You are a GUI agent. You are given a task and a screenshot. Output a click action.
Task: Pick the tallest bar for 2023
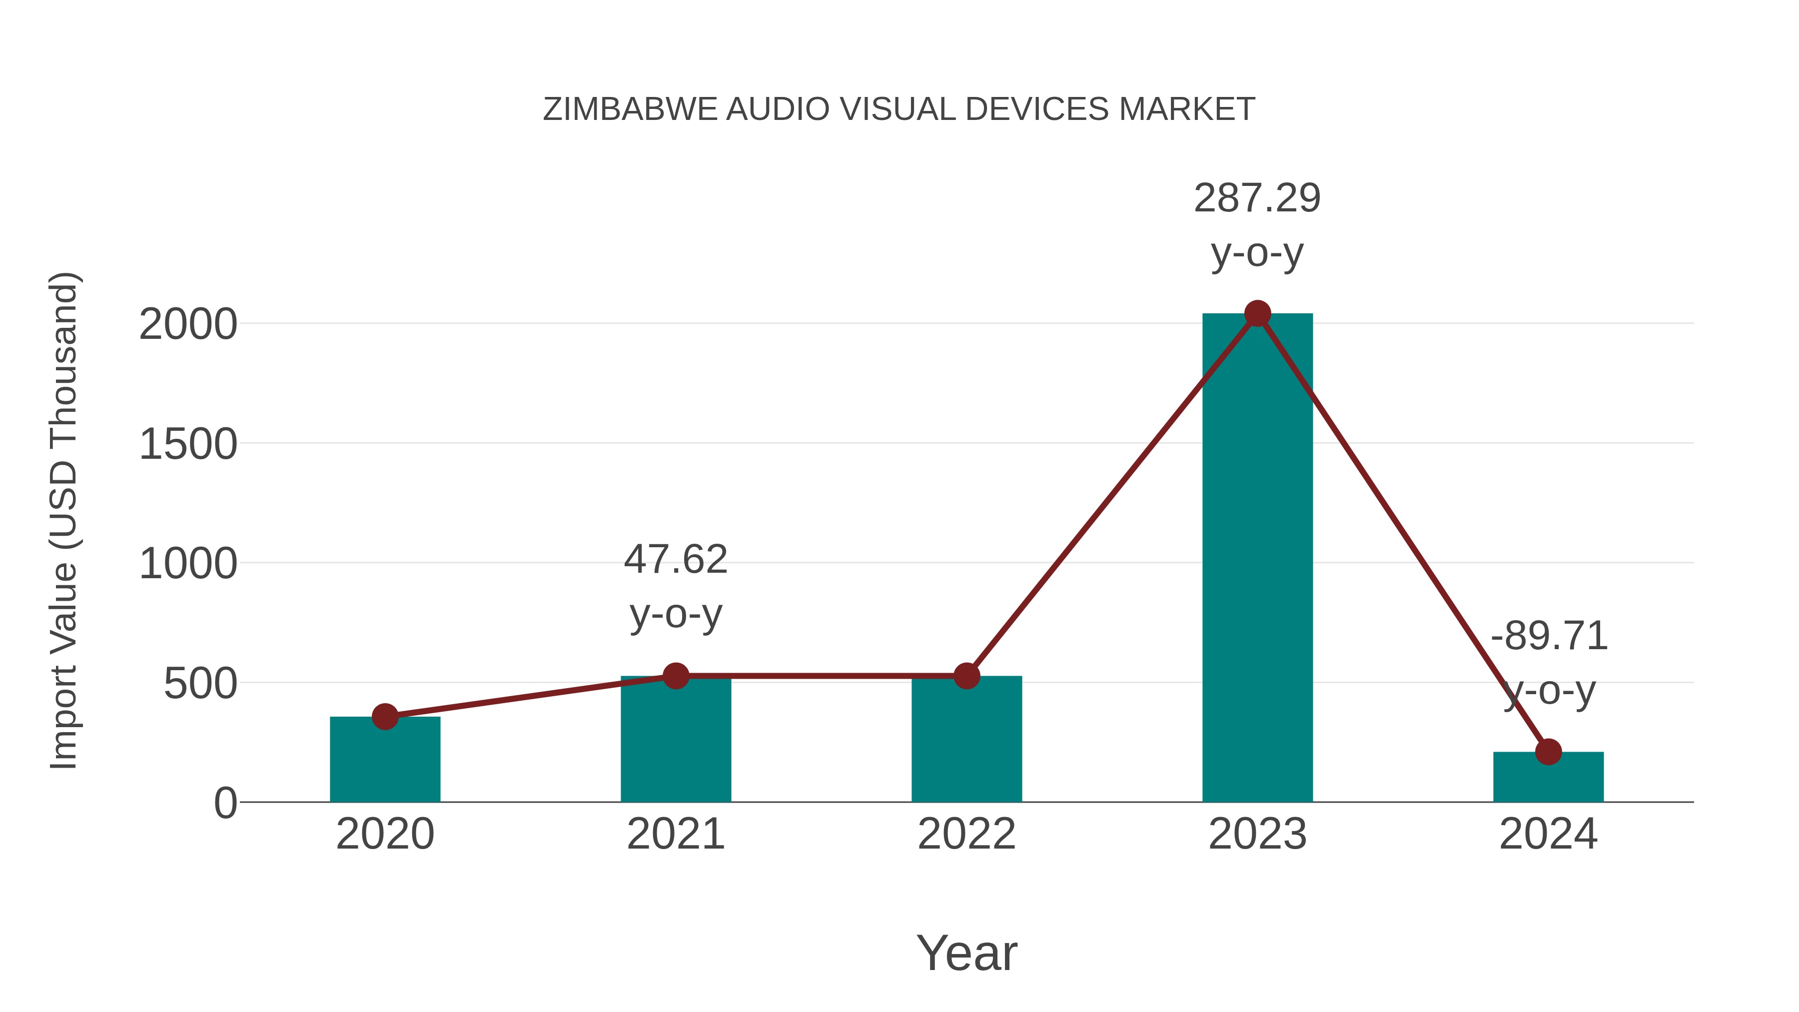coord(1257,559)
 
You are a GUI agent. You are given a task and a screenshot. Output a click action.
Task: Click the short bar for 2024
coord(1548,778)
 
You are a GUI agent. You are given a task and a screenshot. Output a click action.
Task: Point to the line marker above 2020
coord(385,717)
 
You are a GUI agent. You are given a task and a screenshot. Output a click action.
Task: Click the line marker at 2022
coord(966,676)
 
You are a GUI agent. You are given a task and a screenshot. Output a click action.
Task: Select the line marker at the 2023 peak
coord(1257,313)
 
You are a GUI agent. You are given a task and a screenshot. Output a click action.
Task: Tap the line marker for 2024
coord(1548,752)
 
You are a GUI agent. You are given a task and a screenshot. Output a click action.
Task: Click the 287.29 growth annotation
coord(1257,198)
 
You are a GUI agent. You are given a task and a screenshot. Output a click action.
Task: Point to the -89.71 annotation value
coord(1549,636)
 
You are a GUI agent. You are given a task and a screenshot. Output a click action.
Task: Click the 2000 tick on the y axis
coord(188,325)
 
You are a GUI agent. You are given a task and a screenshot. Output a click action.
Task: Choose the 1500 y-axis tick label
coord(188,444)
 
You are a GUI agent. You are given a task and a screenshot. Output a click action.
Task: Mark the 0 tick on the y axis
coord(225,803)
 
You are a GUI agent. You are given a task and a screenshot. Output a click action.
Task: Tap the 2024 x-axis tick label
coord(1548,834)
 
